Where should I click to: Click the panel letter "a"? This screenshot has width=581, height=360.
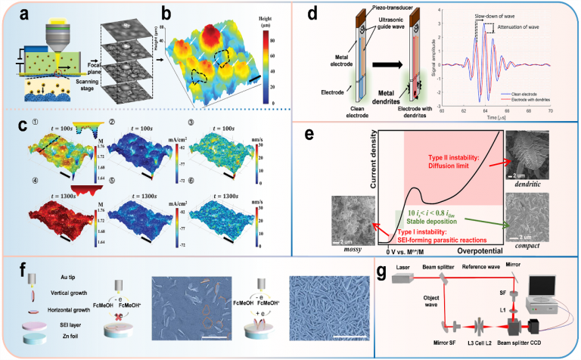coord(14,14)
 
